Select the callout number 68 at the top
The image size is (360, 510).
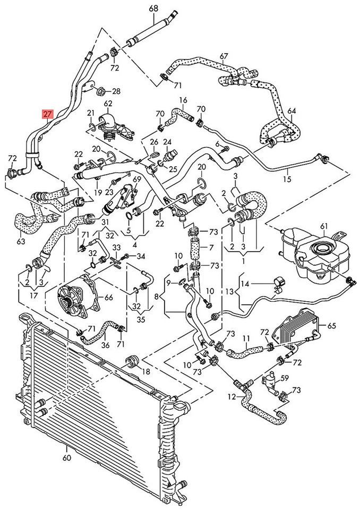point(153,8)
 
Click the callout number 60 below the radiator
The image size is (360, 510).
point(66,457)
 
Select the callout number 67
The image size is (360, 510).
point(224,56)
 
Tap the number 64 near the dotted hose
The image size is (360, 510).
point(292,111)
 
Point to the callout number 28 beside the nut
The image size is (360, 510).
point(116,91)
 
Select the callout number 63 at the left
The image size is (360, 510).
point(21,242)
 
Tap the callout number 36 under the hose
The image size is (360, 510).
point(105,345)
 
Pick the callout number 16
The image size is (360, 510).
point(183,100)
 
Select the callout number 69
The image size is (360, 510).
point(137,180)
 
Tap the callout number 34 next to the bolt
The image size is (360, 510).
point(141,257)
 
